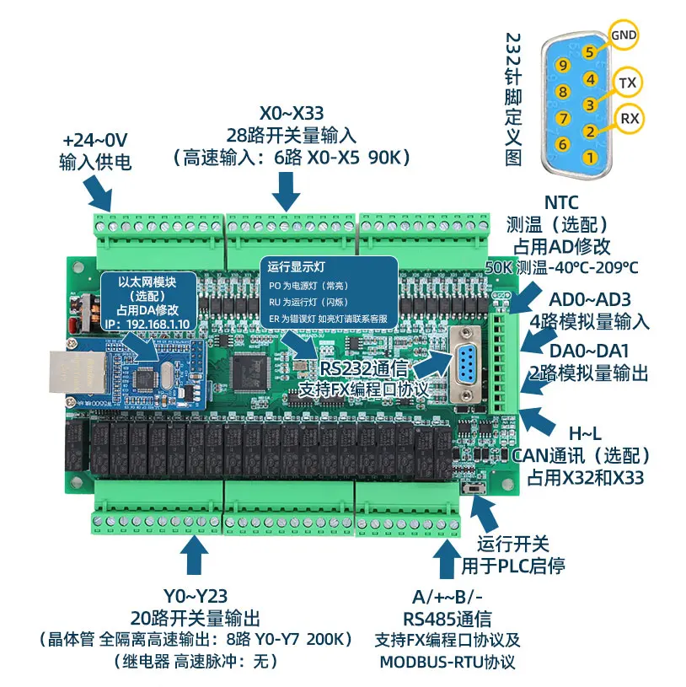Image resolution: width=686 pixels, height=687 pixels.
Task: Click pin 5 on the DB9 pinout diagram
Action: pos(590,52)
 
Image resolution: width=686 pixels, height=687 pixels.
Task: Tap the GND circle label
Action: pos(624,35)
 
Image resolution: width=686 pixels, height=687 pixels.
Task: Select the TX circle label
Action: pos(627,83)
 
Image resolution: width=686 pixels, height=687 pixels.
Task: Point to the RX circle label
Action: pos(630,118)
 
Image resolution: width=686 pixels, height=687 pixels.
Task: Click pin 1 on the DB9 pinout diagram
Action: pos(590,157)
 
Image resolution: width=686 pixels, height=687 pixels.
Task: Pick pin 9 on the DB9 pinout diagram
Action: pos(563,66)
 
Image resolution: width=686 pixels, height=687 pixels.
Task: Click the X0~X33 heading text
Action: pos(292,113)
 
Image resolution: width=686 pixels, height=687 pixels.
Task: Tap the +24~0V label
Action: pos(94,140)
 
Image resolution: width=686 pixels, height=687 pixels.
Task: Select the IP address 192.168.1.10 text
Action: pos(158,325)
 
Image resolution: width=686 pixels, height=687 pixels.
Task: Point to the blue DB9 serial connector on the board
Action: pos(466,364)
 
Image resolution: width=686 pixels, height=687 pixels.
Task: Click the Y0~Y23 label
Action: pos(196,596)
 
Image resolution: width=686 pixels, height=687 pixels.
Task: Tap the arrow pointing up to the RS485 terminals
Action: pos(447,559)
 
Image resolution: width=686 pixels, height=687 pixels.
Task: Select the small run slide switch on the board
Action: pos(474,488)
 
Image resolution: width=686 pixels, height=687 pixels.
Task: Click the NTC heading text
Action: pos(561,203)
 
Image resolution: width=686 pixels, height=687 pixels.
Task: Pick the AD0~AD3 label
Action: pos(590,300)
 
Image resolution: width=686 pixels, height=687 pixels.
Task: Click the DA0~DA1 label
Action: pos(589,351)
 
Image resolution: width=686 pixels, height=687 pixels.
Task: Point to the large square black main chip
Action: pos(249,373)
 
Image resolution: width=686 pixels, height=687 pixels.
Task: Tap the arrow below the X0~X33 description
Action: pos(286,191)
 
